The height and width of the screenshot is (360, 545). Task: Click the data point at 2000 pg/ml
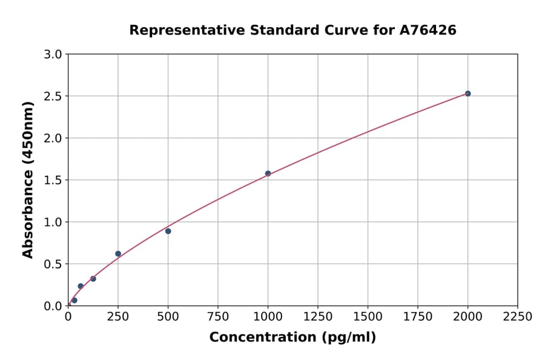click(x=467, y=93)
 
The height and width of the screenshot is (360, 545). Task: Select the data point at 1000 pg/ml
click(x=268, y=173)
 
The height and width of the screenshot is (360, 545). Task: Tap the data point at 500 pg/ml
click(x=168, y=231)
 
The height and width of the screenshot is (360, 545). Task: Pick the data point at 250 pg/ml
click(x=118, y=254)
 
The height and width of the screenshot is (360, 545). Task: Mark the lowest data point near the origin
click(x=74, y=300)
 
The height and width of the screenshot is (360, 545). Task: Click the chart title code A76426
click(x=428, y=30)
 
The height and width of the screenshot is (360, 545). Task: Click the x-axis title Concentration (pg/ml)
click(x=292, y=338)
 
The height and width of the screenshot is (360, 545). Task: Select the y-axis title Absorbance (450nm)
click(x=28, y=179)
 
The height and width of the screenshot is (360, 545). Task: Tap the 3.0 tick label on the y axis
click(x=53, y=55)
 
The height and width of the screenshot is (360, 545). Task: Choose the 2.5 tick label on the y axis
click(x=53, y=96)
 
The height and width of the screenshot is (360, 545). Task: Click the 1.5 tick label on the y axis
click(x=53, y=180)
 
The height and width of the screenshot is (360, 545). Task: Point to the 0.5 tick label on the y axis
click(x=53, y=264)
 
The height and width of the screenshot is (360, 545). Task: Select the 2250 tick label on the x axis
click(x=518, y=316)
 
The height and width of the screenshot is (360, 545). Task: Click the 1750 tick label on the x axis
click(x=418, y=316)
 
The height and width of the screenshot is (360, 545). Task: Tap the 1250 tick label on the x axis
click(x=318, y=316)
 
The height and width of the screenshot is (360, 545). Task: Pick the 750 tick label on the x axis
click(x=218, y=316)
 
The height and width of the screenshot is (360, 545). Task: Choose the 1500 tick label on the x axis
click(x=368, y=316)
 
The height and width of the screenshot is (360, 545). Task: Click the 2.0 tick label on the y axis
click(x=53, y=138)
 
